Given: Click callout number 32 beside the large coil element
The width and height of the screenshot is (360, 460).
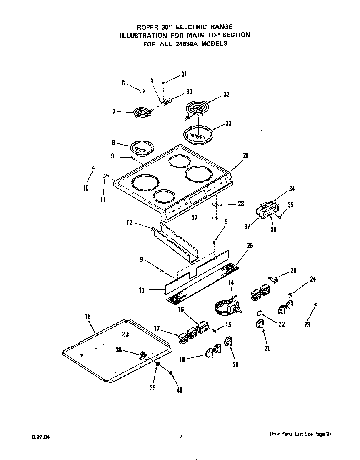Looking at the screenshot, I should pos(226,94).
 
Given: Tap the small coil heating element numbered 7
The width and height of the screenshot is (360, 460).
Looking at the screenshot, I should pos(142,112).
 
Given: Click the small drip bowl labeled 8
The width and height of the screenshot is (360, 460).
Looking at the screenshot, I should pos(142,147).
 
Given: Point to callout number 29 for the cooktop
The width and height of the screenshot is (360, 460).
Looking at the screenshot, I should pos(245,156).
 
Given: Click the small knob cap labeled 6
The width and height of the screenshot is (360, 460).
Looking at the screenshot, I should pos(141,90).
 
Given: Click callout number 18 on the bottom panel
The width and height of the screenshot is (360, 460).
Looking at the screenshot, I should pos(87,317).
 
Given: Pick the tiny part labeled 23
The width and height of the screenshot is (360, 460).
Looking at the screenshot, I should pos(316,304).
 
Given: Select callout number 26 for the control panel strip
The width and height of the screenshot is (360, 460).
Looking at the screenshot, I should pos(250,246).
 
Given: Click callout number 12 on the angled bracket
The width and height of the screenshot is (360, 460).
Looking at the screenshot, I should pos(129,223).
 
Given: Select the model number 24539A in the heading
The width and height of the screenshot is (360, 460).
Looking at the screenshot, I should pos(187,43).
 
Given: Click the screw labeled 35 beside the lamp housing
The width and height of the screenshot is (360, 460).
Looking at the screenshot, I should pos(280,216).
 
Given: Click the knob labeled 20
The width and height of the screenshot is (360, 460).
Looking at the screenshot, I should pos(228,342).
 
